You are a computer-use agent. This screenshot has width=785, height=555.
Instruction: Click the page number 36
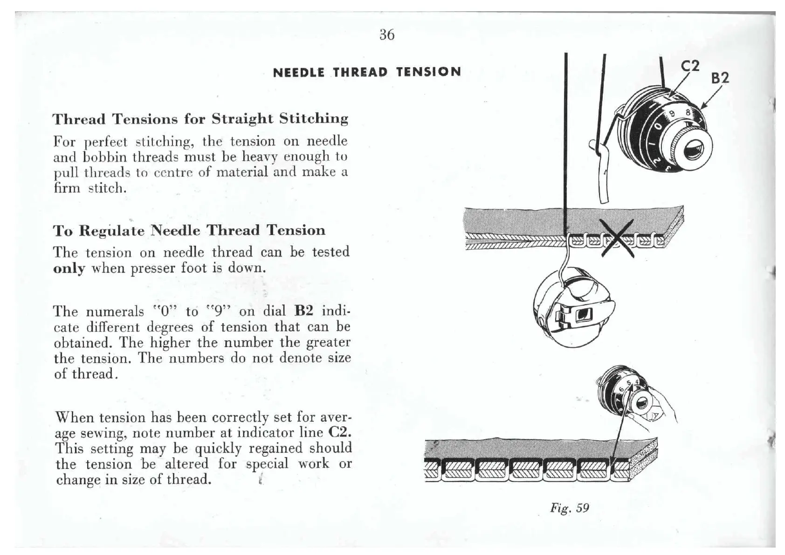click(x=387, y=35)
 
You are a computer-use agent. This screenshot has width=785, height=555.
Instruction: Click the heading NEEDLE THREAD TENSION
click(x=367, y=72)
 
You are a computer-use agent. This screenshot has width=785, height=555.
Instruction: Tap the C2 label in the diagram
click(x=690, y=67)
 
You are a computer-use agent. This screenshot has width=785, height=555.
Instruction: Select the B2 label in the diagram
click(x=719, y=78)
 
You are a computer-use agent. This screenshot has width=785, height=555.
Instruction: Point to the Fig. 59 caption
click(x=569, y=507)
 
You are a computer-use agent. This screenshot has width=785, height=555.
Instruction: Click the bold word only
click(x=69, y=269)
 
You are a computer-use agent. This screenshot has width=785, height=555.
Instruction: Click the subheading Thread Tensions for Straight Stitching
click(x=200, y=119)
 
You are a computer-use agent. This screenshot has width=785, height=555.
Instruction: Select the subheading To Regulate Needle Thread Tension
click(x=189, y=230)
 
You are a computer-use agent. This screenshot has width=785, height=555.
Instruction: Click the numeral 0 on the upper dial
click(x=658, y=126)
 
